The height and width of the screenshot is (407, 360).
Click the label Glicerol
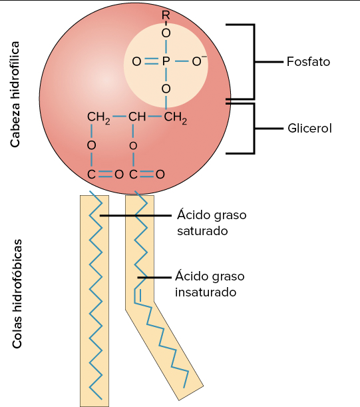[x=309, y=127]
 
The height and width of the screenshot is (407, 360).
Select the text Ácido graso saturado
[x=212, y=223]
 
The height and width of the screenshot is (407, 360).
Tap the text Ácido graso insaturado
[x=210, y=283]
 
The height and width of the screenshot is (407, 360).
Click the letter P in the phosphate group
[x=166, y=61]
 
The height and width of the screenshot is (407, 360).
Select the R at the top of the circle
[x=166, y=15]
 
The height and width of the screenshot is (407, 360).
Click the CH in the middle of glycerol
[x=137, y=118]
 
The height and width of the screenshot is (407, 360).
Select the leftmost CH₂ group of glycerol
[x=98, y=118]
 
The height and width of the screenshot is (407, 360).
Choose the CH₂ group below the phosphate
[x=176, y=118]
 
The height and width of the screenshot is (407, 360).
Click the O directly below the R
[x=166, y=32]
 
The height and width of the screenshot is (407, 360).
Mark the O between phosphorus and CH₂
[x=166, y=89]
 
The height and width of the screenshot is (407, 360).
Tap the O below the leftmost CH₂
[x=91, y=145]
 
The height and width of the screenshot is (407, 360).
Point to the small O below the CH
[x=133, y=145]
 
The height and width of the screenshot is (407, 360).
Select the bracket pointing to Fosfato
[x=253, y=61]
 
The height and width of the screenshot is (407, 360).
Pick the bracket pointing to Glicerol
[x=253, y=128]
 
